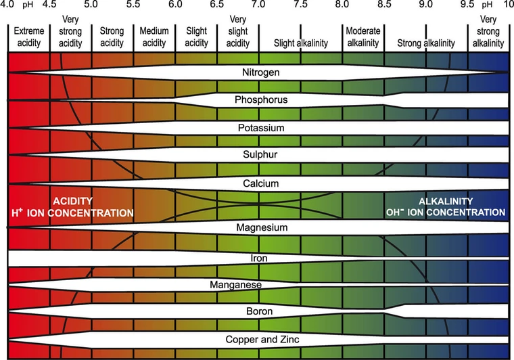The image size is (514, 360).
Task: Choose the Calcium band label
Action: click(258, 183)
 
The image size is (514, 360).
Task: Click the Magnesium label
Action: click(258, 228)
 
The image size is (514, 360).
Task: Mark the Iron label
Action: click(258, 258)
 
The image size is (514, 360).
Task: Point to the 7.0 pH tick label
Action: click(258, 4)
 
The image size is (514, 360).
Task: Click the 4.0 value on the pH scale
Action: click(8, 4)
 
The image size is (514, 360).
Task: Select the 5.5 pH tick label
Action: click(133, 4)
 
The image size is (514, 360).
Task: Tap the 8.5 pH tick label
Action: click(384, 4)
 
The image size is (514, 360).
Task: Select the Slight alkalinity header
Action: click(300, 43)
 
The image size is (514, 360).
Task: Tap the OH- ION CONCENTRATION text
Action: click(445, 212)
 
